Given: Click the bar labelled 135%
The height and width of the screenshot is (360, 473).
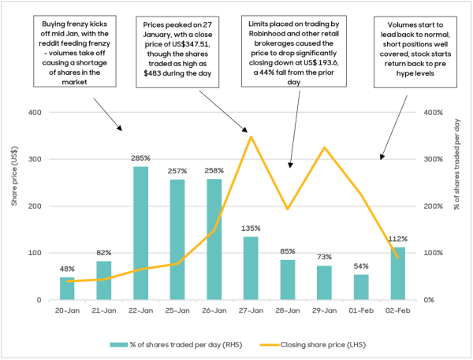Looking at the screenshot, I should click(251, 268).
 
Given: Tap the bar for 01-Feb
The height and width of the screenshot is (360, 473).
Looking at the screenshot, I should click(360, 287).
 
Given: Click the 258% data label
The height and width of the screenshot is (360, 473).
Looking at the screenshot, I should click(214, 171).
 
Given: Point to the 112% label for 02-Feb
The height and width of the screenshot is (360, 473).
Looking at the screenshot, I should click(397, 239).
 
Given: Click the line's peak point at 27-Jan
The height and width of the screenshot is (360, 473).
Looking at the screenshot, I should click(251, 137).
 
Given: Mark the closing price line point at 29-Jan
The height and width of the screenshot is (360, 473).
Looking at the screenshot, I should click(324, 147).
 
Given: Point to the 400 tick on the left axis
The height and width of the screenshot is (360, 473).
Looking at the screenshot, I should click(35, 112).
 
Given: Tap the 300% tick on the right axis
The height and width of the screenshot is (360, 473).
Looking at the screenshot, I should click(438, 159).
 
